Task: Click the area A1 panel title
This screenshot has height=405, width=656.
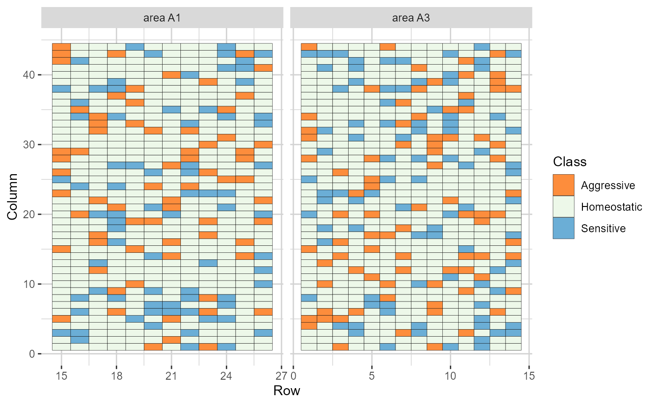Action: click(x=162, y=18)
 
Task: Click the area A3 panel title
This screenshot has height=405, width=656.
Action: click(x=411, y=18)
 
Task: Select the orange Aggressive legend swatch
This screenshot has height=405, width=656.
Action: click(x=563, y=185)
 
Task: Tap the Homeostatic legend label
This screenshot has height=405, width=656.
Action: click(x=611, y=207)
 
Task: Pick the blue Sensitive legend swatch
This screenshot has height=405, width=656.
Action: click(x=563, y=228)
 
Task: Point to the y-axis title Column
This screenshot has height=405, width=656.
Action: click(x=13, y=196)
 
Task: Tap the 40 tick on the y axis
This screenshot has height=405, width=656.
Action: click(x=29, y=74)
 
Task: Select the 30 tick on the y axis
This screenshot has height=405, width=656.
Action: click(x=29, y=144)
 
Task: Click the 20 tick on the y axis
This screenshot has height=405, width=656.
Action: click(x=29, y=214)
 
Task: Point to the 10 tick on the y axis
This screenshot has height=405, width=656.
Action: click(x=29, y=284)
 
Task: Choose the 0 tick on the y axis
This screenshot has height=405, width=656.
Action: click(x=31, y=354)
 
